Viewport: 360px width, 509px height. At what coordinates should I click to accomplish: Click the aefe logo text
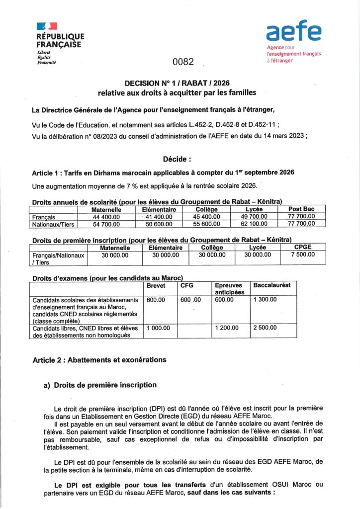293,33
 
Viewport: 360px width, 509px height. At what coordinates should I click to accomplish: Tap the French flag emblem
47,26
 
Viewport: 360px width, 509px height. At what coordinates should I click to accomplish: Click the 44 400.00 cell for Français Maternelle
103,217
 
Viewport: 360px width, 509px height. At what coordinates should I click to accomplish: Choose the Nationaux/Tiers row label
51,224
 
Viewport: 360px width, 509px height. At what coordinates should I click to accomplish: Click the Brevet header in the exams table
156,285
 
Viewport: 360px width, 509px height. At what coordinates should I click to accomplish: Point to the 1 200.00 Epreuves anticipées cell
227,328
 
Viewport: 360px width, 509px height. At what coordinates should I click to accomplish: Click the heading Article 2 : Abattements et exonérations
99,359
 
